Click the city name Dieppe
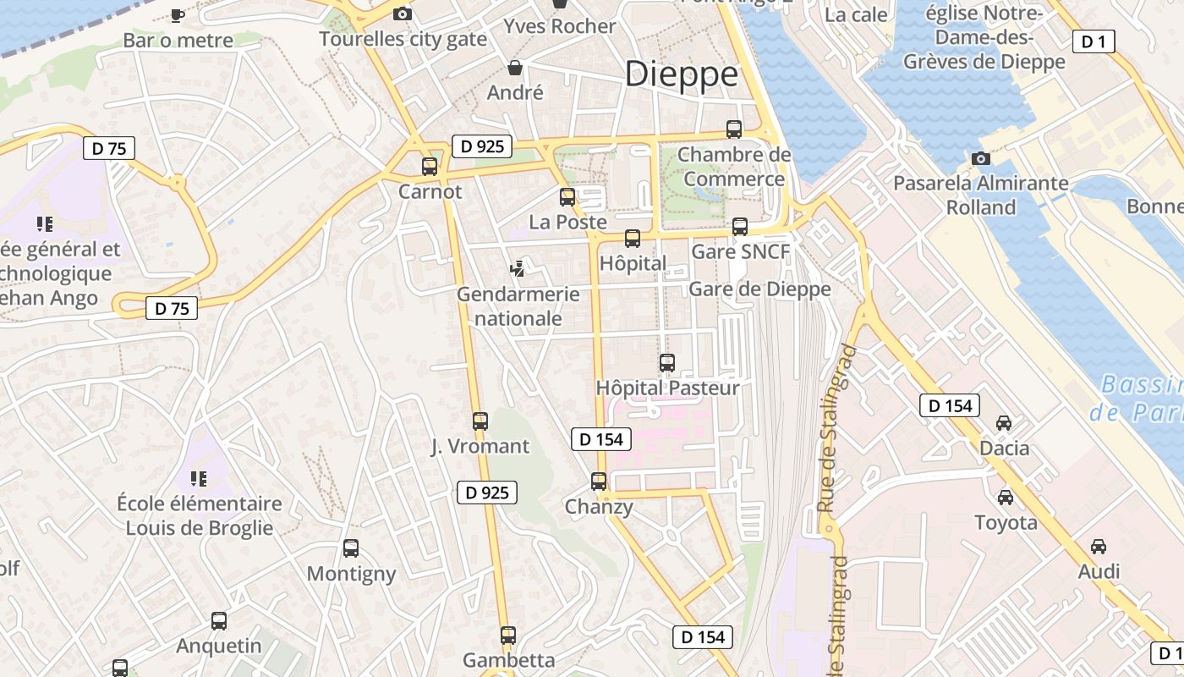(682, 74)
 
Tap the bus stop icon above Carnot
(430, 167)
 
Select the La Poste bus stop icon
(567, 197)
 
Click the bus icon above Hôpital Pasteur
(667, 363)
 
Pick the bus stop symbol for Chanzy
(599, 482)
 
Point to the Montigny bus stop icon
(351, 548)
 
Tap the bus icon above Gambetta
(508, 635)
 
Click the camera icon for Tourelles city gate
(403, 14)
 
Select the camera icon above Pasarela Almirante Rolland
(981, 158)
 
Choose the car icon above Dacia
(1004, 423)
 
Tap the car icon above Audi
(1099, 547)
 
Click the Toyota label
(1006, 522)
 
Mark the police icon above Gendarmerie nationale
(518, 269)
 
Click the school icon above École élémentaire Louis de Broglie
(199, 479)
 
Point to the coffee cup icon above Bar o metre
(178, 14)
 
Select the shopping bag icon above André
(515, 67)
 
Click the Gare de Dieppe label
(759, 289)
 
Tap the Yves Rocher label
(560, 26)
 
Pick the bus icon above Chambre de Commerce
(734, 129)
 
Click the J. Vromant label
(480, 446)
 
